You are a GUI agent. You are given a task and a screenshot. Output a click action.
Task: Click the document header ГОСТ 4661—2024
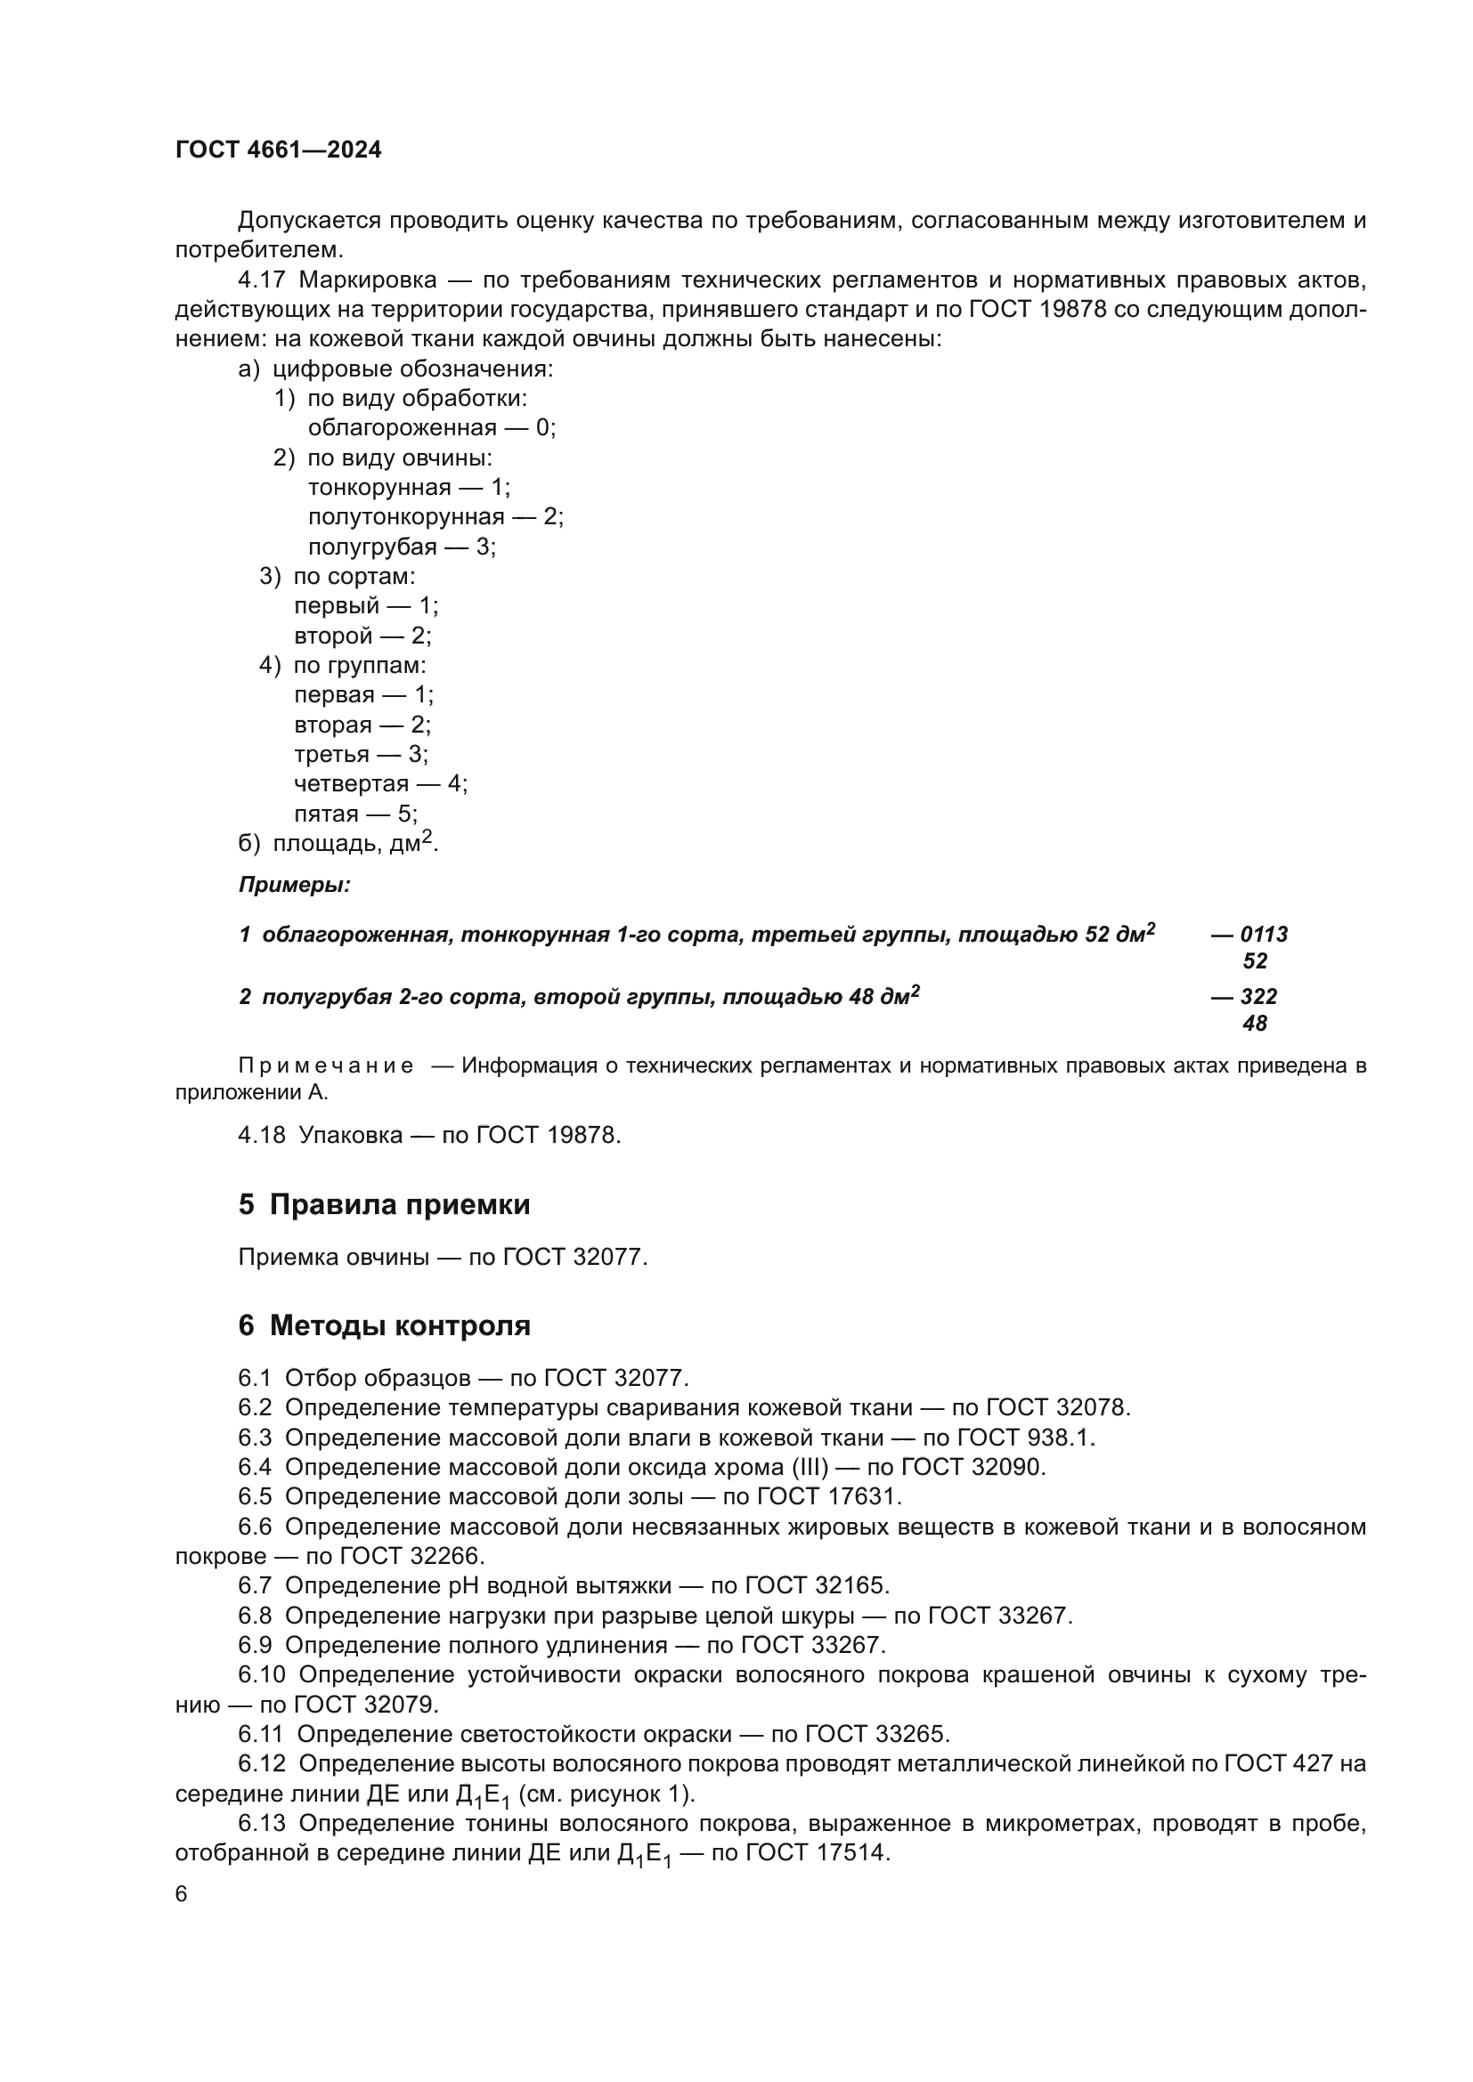tap(279, 150)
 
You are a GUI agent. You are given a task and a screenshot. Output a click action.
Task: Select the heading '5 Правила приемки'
tap(384, 1205)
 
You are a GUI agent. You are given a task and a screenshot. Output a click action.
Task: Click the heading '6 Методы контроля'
tap(384, 1325)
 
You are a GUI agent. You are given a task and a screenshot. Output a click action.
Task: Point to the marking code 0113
tap(1264, 934)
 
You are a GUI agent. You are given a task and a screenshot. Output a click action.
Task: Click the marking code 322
tap(1258, 997)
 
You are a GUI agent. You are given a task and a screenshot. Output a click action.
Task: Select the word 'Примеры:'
tap(295, 885)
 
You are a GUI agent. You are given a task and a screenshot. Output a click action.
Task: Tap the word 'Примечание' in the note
tap(326, 1065)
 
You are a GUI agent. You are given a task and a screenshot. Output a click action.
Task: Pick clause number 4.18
tap(261, 1134)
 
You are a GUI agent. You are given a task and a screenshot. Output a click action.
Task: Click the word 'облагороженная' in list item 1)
tap(402, 428)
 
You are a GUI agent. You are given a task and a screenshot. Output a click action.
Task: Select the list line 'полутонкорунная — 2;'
tap(435, 517)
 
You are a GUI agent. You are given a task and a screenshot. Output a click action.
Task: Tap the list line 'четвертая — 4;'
tap(380, 783)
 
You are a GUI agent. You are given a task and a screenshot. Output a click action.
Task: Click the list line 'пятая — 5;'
tap(355, 814)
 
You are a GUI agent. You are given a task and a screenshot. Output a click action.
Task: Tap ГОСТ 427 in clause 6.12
tap(1278, 1763)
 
